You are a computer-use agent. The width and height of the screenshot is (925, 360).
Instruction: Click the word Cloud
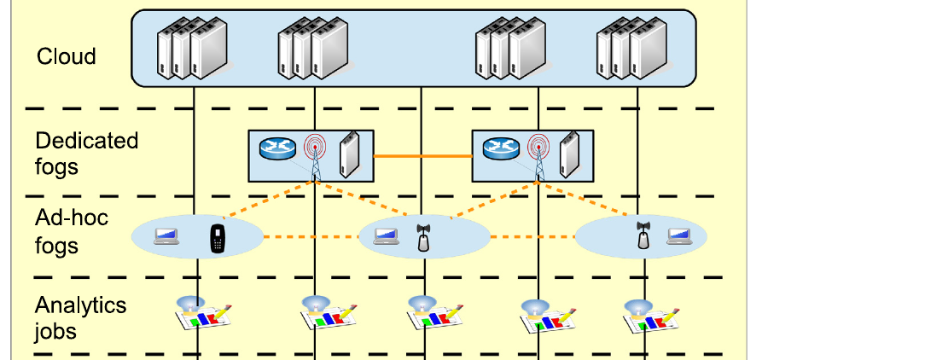tap(66, 56)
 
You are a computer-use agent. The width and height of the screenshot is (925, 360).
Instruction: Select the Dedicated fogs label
tap(86, 154)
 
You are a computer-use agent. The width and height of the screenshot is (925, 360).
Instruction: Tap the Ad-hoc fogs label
tap(72, 230)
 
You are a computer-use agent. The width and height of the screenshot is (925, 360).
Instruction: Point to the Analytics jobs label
tap(80, 318)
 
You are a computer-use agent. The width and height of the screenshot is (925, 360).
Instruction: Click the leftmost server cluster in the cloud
tap(192, 49)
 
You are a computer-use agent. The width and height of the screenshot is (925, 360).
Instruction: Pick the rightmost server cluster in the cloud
tap(631, 49)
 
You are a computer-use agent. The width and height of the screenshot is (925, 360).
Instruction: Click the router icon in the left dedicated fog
tap(277, 148)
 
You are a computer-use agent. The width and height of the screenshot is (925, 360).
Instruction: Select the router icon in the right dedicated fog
tap(501, 148)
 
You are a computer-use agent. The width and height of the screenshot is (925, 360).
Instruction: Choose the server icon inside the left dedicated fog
tap(349, 154)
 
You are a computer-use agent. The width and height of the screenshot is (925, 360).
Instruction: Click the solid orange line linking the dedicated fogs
tap(423, 156)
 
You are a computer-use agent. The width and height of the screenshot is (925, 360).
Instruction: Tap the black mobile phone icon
tap(218, 238)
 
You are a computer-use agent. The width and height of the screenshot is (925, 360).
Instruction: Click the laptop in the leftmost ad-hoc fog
tap(166, 236)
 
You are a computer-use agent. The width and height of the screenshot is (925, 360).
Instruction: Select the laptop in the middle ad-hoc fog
tap(387, 236)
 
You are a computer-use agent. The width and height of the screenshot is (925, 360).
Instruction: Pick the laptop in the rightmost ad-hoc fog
tap(679, 236)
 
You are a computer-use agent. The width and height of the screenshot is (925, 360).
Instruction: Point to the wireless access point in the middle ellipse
tap(423, 238)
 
